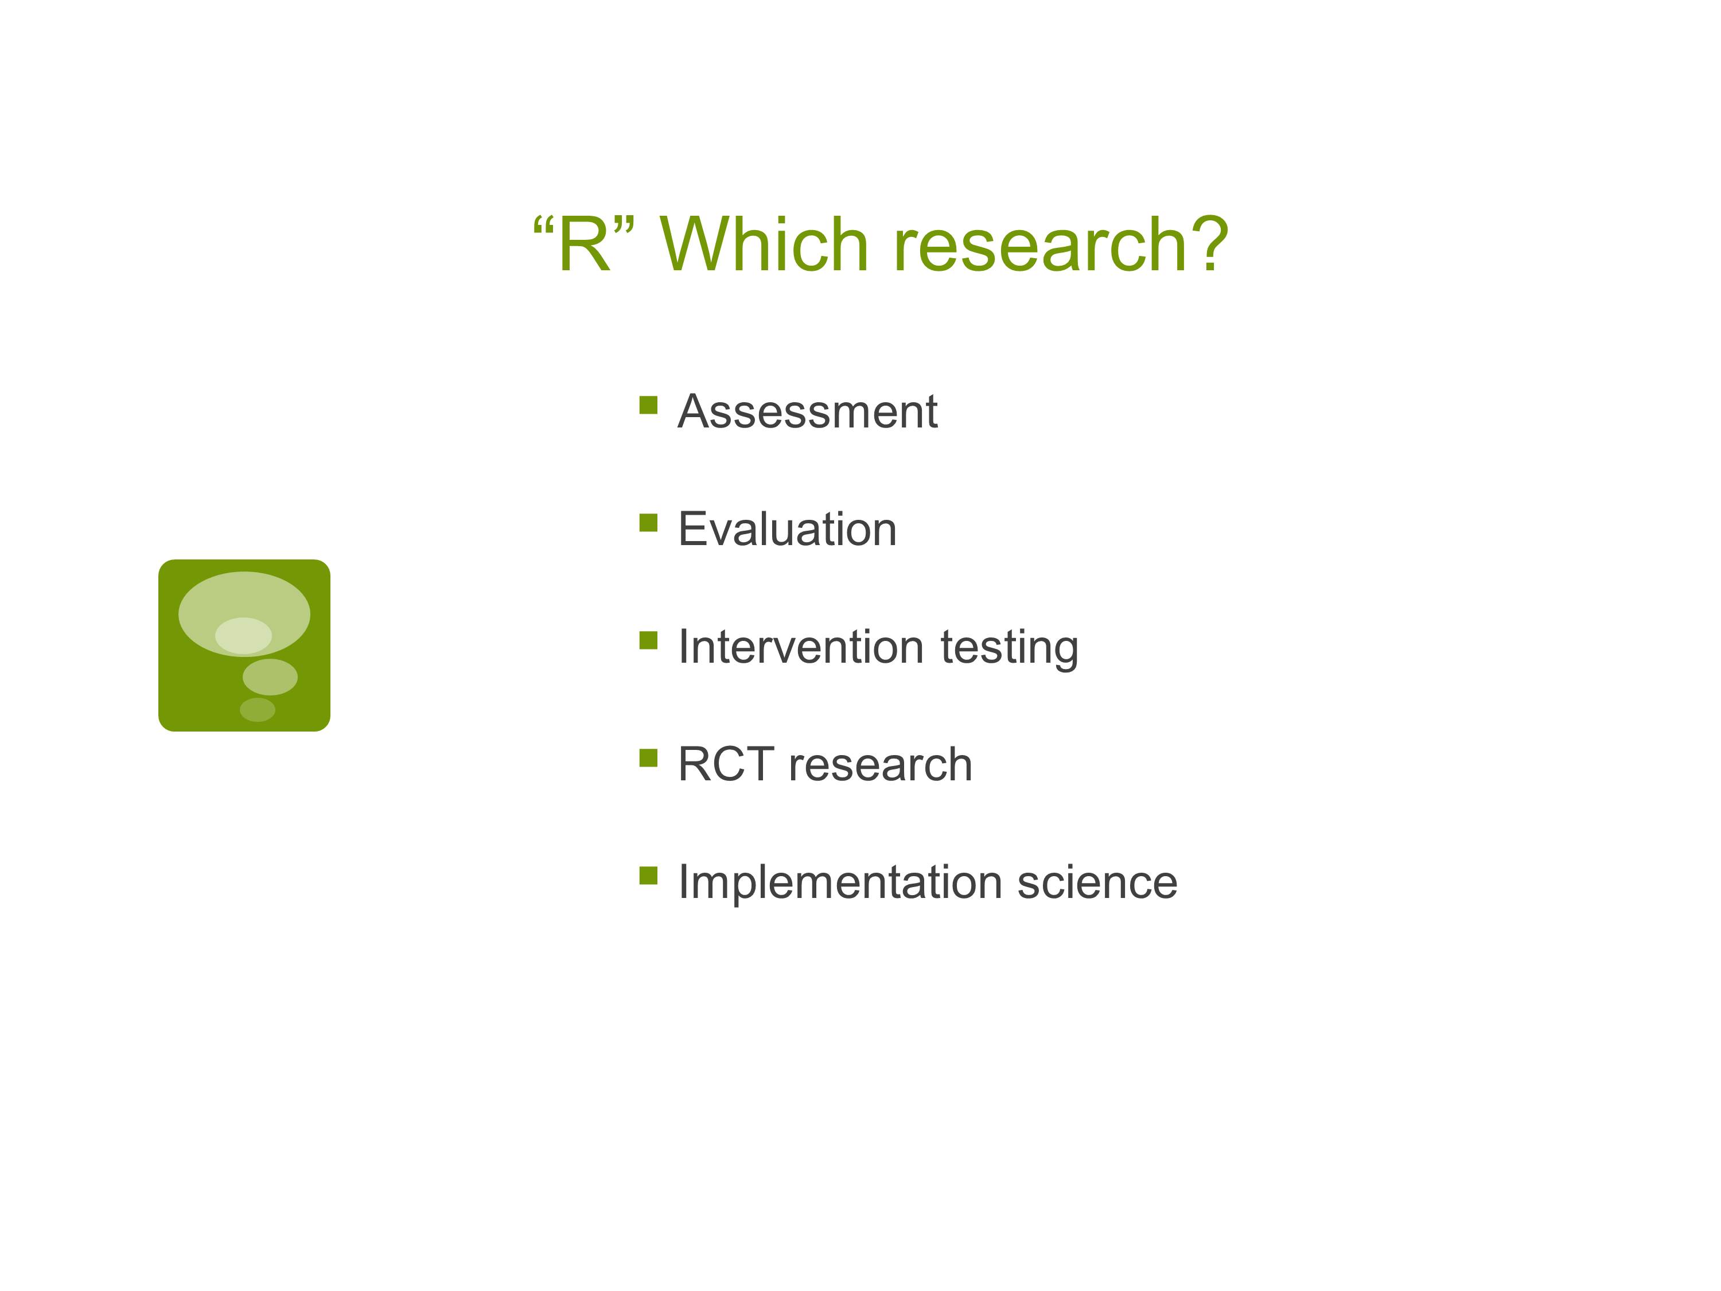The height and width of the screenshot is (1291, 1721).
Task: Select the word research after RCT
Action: click(x=881, y=764)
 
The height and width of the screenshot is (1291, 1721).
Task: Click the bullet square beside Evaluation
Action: click(x=648, y=522)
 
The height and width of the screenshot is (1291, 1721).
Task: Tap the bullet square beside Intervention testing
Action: click(x=648, y=640)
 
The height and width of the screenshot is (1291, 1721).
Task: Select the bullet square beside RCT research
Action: click(x=648, y=758)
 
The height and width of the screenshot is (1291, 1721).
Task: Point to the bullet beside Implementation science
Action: click(x=648, y=876)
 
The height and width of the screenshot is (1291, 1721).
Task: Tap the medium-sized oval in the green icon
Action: click(x=270, y=677)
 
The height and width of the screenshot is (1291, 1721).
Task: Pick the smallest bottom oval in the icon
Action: click(x=258, y=710)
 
